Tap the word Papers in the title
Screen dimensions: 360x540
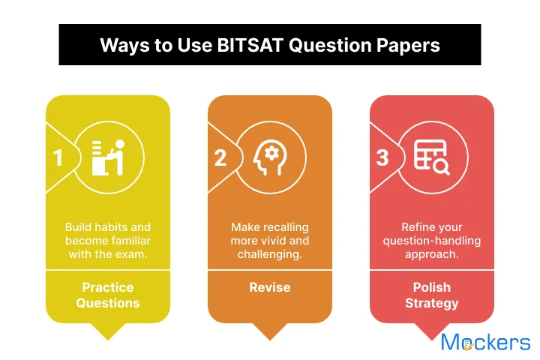tap(409, 45)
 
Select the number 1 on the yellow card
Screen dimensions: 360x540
tap(58, 158)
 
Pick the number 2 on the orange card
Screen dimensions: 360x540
tap(220, 158)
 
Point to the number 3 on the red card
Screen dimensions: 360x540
tap(382, 158)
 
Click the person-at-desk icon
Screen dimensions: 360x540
tap(108, 157)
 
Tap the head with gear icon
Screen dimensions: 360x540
tap(268, 157)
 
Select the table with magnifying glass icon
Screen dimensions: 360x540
tap(431, 157)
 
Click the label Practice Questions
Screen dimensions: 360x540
tap(108, 295)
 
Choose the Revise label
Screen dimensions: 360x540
tap(270, 288)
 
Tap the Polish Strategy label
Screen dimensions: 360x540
tap(432, 295)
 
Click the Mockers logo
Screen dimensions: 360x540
tap(485, 343)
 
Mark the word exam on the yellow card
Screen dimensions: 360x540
tap(133, 254)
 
